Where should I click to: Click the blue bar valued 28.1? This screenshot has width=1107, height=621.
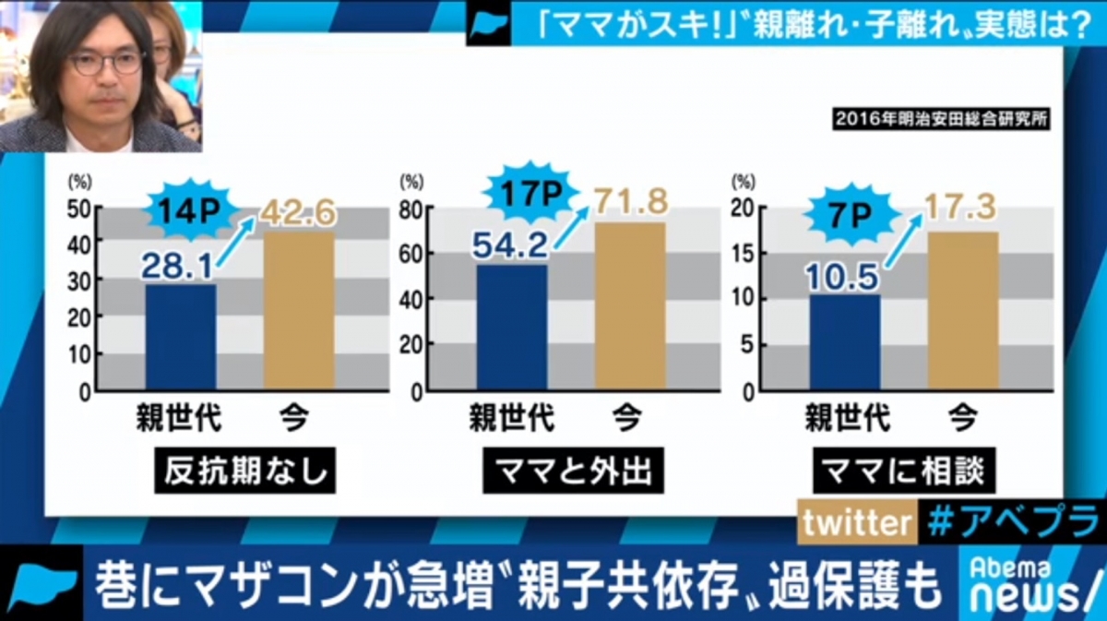click(181, 337)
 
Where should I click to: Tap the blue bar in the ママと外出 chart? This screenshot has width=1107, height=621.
click(512, 328)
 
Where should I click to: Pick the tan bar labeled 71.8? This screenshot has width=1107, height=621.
click(630, 306)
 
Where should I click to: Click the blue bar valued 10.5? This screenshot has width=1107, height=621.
click(845, 343)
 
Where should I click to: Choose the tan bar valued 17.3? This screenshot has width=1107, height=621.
click(962, 311)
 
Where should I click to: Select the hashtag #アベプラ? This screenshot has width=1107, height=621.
click(1010, 523)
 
